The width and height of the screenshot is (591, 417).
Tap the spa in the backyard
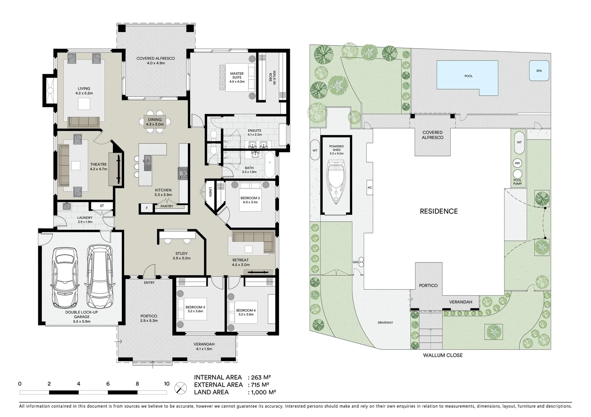point(539,71)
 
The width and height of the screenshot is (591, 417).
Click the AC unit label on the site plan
point(370,188)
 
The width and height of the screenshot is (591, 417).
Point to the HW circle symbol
point(517,163)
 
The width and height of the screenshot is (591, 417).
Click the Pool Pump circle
point(517,174)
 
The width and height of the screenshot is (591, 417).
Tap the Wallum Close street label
point(443,355)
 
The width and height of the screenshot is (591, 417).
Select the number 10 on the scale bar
point(167,384)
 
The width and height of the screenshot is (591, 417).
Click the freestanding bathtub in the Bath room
point(269,164)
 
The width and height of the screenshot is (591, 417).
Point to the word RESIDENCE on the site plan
point(439,211)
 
